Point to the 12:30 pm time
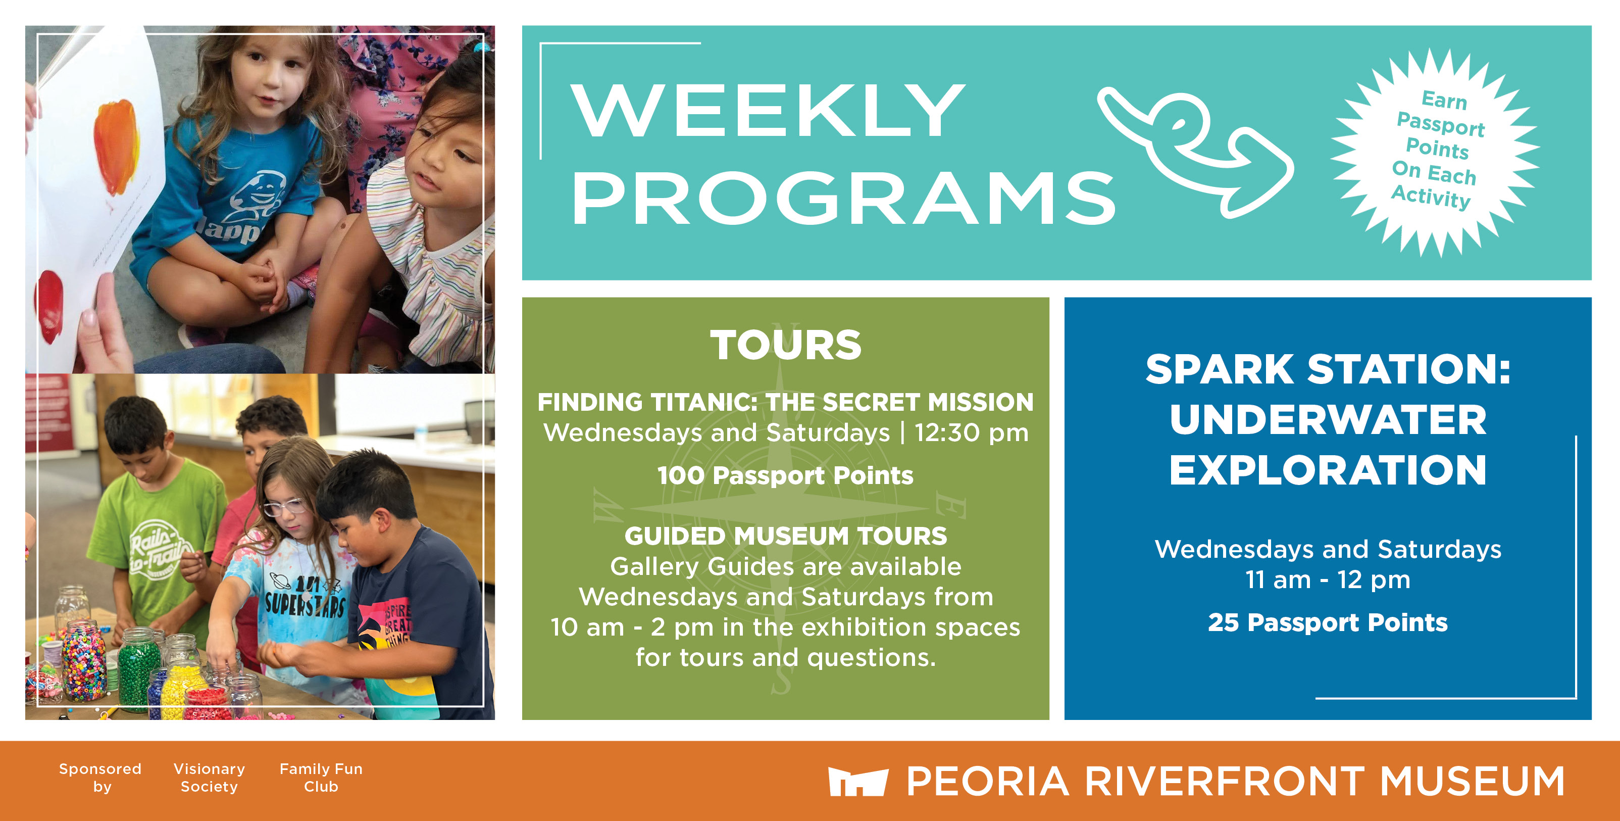(971, 433)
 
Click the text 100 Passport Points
(785, 475)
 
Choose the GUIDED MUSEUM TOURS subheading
(785, 536)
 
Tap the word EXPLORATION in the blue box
(1328, 470)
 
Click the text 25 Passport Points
(1328, 622)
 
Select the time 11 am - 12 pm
(1328, 579)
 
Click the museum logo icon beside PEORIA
(858, 782)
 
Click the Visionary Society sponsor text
(210, 778)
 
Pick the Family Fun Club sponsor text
(321, 778)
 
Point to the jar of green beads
(138, 670)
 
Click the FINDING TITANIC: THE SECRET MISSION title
(785, 402)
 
